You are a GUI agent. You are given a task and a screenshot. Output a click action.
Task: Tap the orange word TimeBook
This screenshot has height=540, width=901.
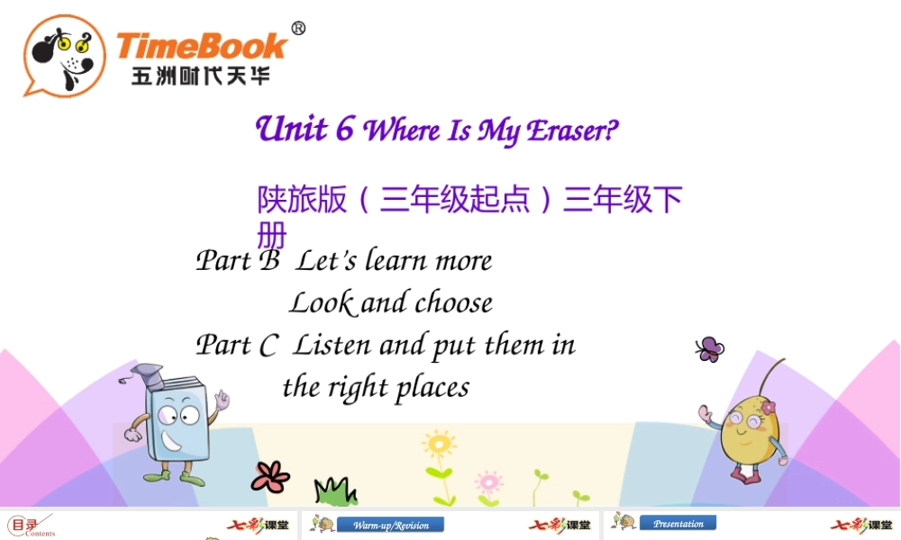point(201,45)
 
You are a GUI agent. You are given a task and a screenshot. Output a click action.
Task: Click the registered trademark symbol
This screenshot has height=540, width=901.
point(298,28)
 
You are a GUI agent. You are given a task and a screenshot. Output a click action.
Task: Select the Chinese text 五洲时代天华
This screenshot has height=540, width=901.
point(200,76)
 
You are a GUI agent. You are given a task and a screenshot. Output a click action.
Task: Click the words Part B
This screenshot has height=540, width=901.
point(238,261)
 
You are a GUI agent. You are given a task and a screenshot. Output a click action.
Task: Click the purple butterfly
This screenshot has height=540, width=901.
point(709,348)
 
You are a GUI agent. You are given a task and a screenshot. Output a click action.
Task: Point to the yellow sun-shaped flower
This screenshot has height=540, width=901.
point(439,444)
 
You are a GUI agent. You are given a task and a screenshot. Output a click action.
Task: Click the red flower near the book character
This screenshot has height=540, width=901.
point(270,475)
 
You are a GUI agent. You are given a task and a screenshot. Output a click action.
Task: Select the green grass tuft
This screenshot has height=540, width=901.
point(335,491)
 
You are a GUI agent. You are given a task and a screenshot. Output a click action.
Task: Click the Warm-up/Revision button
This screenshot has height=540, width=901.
point(391,525)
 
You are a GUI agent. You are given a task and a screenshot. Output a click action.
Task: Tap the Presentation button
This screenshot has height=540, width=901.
point(678,523)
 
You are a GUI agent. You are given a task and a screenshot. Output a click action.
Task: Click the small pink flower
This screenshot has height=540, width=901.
point(487,480)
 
